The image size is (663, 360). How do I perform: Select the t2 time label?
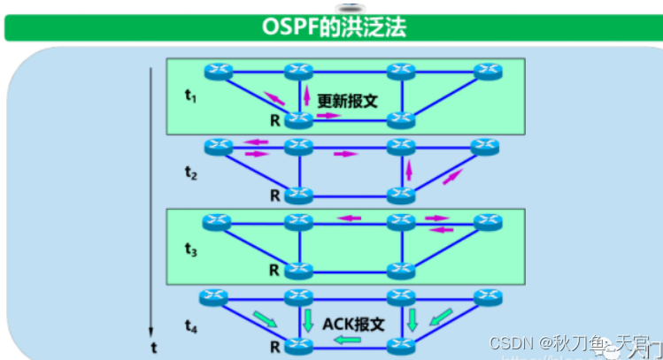click(190, 172)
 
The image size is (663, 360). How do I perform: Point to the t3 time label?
click(190, 249)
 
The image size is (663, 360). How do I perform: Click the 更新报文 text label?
click(348, 101)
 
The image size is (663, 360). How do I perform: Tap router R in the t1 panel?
click(300, 119)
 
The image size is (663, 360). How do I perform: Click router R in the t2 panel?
click(300, 195)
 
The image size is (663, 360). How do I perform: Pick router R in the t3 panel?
click(300, 269)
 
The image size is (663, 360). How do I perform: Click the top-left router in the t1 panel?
click(216, 70)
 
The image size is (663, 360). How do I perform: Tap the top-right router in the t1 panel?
click(485, 70)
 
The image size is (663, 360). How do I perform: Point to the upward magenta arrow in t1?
click(307, 95)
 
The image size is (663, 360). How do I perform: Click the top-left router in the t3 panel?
click(216, 219)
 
